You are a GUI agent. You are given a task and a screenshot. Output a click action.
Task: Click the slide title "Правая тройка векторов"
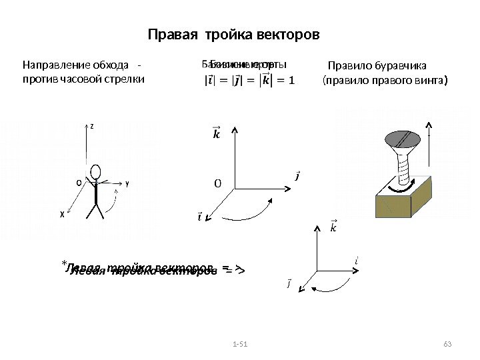[x=233, y=34]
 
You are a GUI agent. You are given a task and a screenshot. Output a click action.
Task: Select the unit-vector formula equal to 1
[x=249, y=81]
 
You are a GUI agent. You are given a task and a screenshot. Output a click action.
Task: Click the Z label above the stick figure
[x=92, y=125]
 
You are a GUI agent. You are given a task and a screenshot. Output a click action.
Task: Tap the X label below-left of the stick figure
[x=61, y=215]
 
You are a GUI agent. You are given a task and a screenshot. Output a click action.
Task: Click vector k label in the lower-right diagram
[x=333, y=229]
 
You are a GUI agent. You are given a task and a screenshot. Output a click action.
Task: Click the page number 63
[x=447, y=343]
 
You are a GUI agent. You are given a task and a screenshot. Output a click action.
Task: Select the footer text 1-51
[x=238, y=343]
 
